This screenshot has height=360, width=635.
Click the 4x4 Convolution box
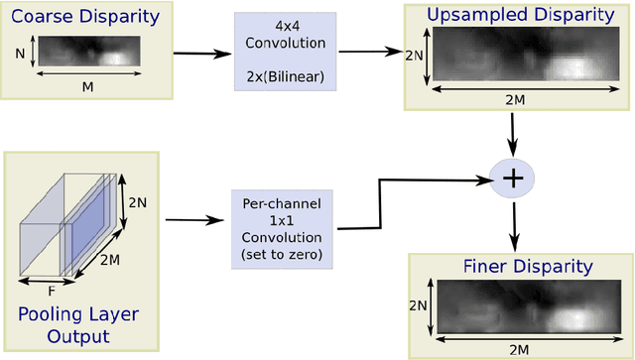tap(281, 52)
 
